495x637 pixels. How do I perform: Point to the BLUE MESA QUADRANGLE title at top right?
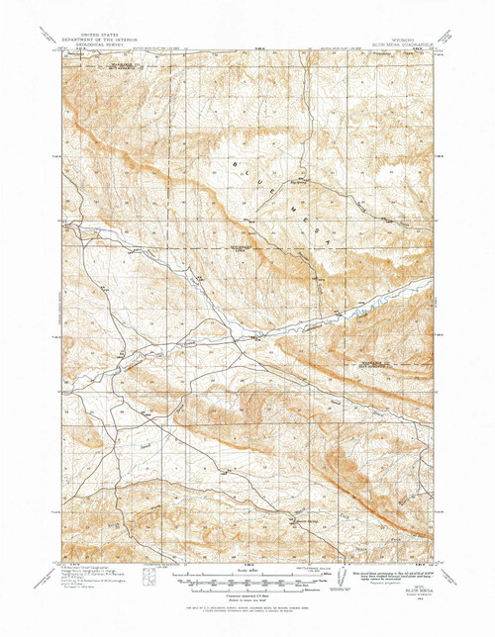tap(404, 44)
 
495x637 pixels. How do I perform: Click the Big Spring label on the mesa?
tap(276, 182)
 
